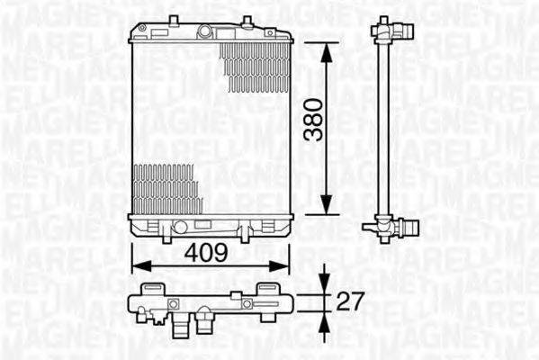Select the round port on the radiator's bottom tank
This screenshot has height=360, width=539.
coord(180,227)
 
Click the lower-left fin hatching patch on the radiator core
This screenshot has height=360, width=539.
coord(166,189)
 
